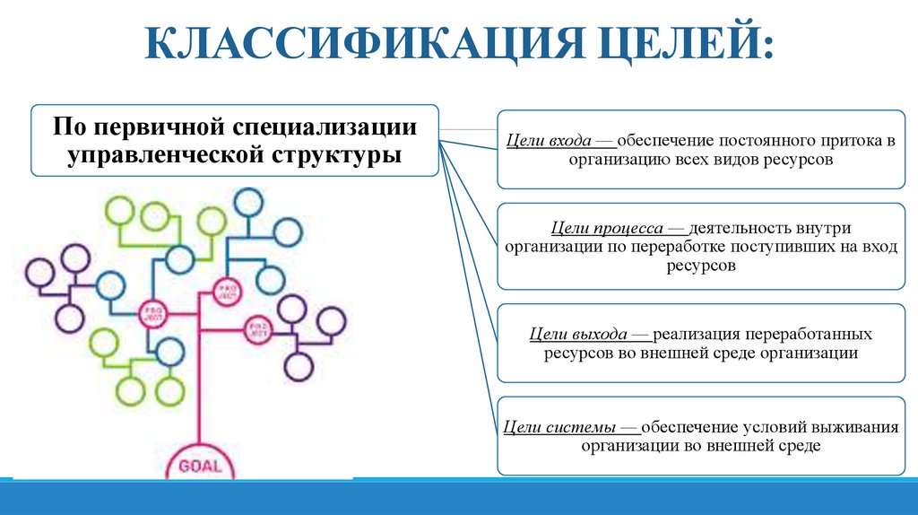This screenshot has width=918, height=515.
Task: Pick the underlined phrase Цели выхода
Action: [x=578, y=334]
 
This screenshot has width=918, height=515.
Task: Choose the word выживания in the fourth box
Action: [x=855, y=427]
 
